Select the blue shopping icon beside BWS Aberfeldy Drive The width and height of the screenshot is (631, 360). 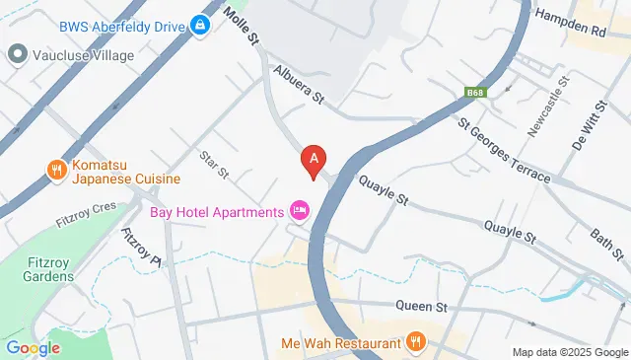tap(201, 24)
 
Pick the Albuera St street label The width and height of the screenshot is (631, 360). tap(300, 87)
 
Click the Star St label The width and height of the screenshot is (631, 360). tap(214, 164)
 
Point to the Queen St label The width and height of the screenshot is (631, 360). tap(415, 306)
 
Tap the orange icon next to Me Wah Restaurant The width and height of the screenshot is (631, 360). tap(416, 342)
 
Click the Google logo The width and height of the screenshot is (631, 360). tap(33, 348)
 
